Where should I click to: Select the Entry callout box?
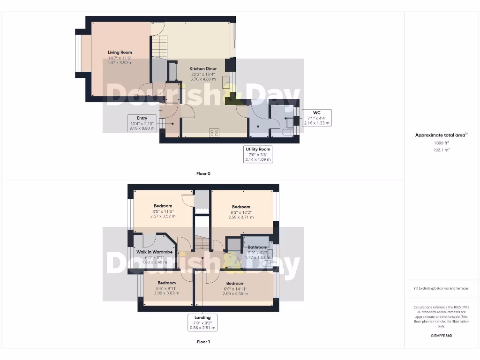142,123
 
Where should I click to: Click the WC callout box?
317,118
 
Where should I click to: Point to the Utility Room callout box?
258,154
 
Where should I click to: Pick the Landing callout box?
202,322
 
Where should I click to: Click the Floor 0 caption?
203,173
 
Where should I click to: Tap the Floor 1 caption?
203,342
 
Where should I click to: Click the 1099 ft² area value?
441,142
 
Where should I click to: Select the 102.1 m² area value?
441,150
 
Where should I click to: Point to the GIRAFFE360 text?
441,336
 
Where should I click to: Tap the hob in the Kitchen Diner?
215,133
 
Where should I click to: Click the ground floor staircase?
159,47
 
